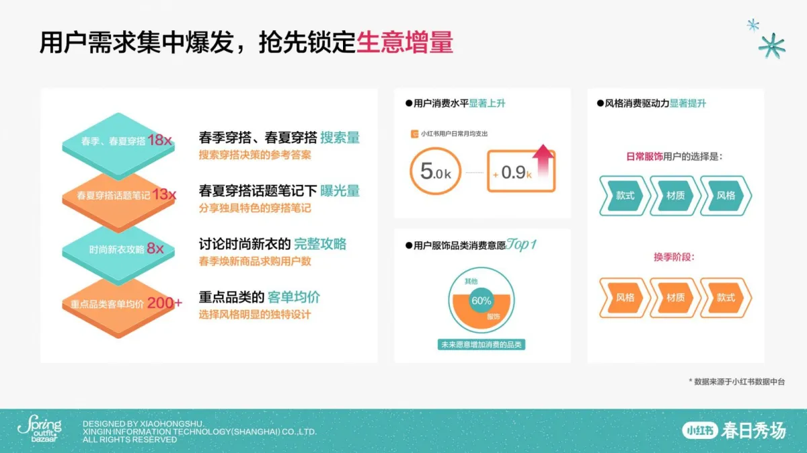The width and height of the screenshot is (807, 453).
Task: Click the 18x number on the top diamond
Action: (159, 140)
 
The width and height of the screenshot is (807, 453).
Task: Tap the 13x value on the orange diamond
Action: (164, 194)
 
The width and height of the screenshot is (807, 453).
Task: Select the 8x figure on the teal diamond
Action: (155, 248)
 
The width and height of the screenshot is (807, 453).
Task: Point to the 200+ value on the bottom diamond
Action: (165, 303)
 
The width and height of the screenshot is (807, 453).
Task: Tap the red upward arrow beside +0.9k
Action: (543, 160)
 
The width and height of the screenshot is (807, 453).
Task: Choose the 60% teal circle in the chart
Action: (482, 300)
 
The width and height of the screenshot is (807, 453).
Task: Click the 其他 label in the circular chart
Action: (471, 281)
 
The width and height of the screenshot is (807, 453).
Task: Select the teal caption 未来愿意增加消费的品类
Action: (482, 345)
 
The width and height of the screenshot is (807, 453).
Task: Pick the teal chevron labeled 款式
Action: (625, 196)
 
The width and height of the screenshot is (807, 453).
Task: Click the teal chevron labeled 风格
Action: (726, 196)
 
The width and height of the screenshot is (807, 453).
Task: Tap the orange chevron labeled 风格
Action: (625, 298)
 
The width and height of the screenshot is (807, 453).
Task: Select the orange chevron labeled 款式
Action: (726, 298)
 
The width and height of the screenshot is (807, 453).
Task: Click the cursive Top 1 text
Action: (521, 245)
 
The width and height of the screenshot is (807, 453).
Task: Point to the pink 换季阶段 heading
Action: (674, 257)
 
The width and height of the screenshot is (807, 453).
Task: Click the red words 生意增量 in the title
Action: (405, 42)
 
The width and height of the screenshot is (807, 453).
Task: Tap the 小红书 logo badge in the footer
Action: (699, 430)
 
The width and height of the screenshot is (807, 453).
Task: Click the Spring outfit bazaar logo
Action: (39, 429)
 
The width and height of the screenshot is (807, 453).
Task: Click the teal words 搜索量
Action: (340, 138)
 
